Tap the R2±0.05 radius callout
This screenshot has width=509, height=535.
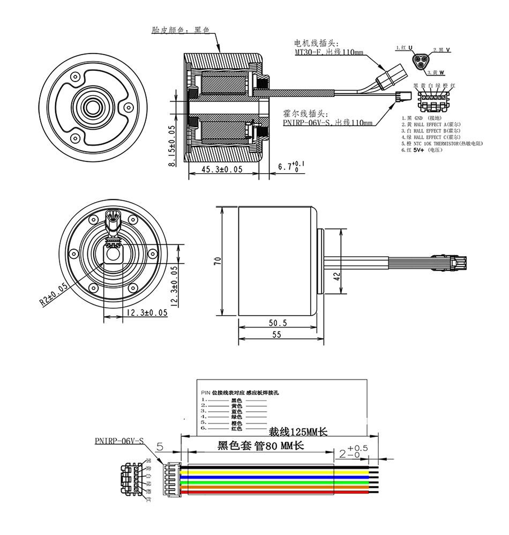[x=54, y=294]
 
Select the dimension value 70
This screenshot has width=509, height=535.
[x=217, y=261]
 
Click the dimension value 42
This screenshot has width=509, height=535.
[x=336, y=277]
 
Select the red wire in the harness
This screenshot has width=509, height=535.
[x=257, y=491]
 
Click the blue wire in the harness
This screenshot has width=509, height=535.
[x=257, y=475]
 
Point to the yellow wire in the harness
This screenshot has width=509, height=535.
[x=257, y=470]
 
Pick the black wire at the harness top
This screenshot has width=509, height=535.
[x=257, y=465]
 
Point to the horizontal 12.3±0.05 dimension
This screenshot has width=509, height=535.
[x=145, y=313]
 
